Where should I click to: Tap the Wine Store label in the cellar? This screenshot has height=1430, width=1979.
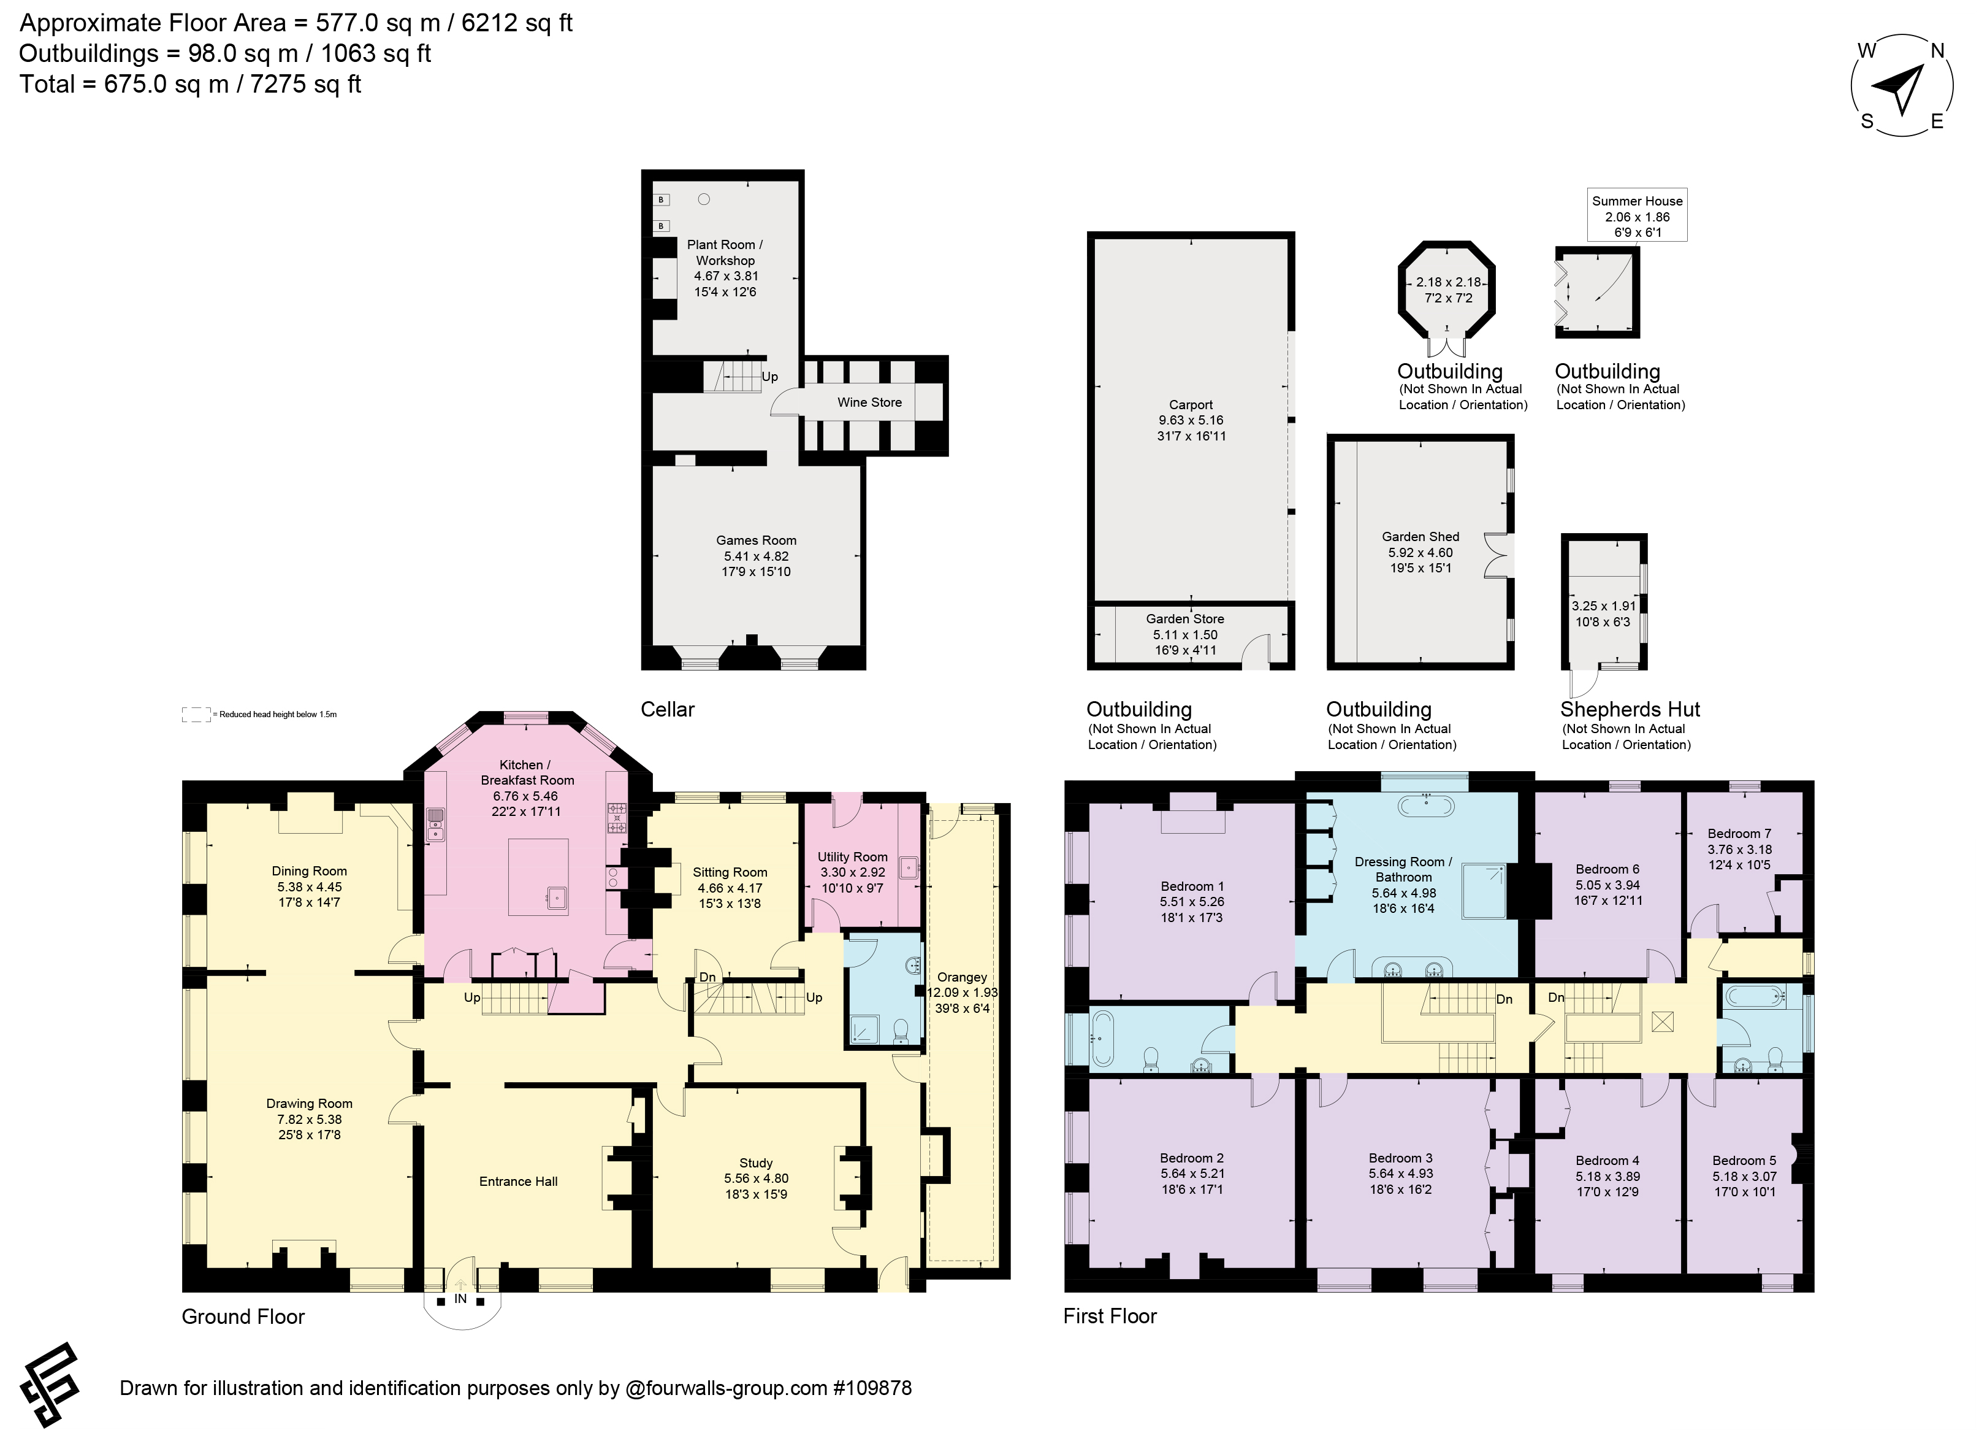pos(869,402)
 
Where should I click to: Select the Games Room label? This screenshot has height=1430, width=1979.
pos(756,540)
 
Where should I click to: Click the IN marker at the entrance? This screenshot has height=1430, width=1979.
pos(460,1299)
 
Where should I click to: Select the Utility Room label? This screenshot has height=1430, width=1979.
pos(853,857)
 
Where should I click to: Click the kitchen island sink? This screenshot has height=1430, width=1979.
pos(554,897)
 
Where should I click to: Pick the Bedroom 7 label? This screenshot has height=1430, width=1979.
pos(1739,834)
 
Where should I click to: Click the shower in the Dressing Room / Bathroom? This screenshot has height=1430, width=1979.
pos(1484,891)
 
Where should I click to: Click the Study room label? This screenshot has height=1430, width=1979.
pos(756,1163)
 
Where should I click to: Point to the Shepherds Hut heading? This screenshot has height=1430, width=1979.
pos(1630,710)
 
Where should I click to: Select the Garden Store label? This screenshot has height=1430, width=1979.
pos(1185,619)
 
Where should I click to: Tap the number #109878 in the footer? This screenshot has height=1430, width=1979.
pos(872,1388)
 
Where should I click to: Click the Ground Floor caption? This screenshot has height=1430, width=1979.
pos(243,1317)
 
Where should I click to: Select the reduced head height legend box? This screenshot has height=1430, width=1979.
pos(196,714)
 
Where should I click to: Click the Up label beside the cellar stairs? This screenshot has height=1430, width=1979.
pos(769,377)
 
